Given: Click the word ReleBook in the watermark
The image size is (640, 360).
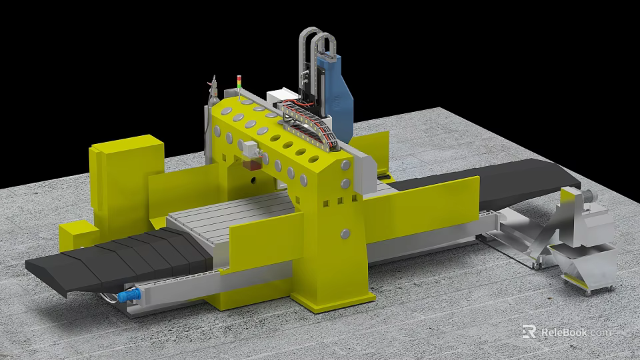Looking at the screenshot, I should click(x=565, y=332).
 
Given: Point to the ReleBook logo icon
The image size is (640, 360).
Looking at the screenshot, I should click(x=530, y=332).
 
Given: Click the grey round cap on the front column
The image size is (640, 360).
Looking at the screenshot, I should click(x=345, y=233).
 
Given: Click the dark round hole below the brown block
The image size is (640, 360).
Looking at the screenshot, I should click(x=253, y=180).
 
